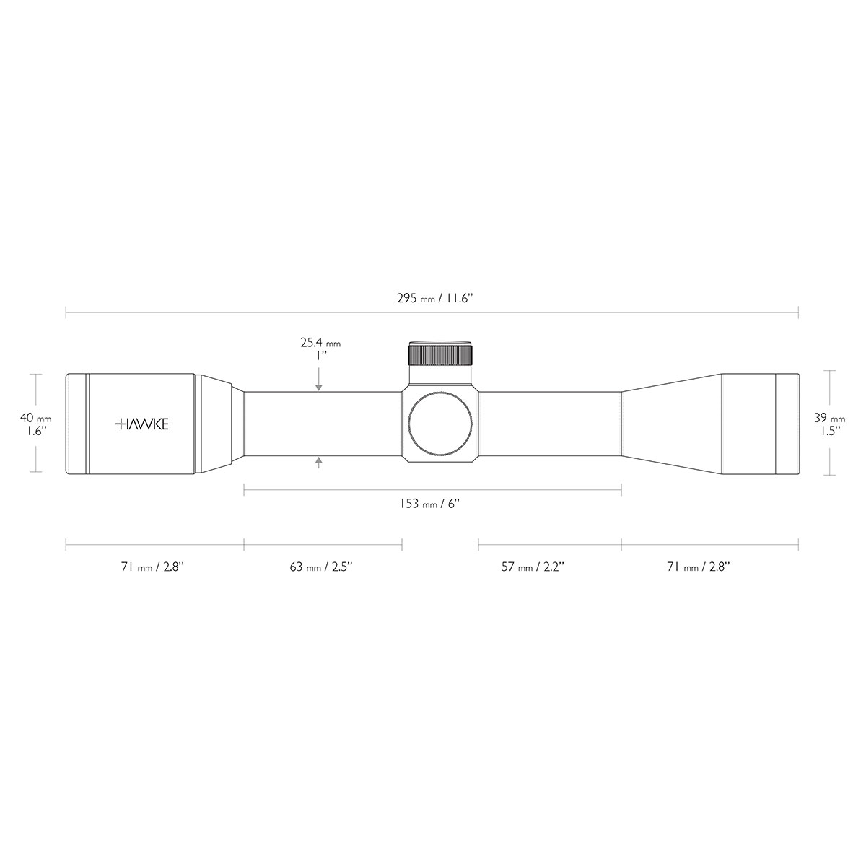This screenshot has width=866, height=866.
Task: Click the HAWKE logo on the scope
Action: [142, 424]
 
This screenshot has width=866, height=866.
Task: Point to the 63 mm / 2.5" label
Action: [321, 567]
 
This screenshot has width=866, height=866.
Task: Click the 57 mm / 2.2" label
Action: [533, 567]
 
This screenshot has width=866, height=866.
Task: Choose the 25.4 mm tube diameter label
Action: [320, 349]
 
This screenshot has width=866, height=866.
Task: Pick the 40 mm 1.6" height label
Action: [36, 424]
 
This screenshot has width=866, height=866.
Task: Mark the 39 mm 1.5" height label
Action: [830, 424]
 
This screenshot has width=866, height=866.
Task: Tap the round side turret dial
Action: [440, 424]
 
